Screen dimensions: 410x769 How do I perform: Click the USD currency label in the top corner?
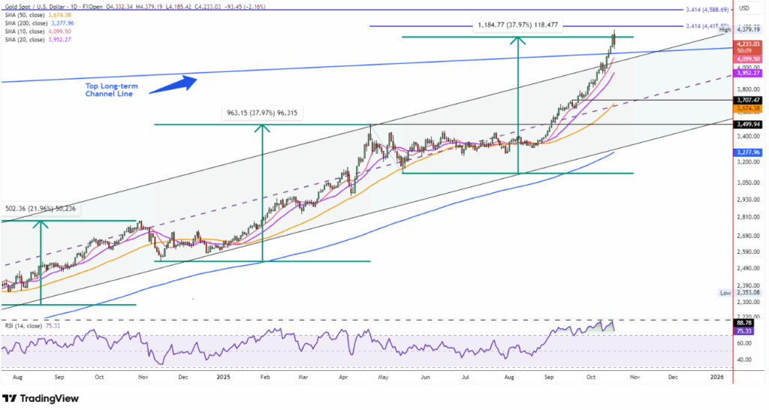click(x=744, y=8)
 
